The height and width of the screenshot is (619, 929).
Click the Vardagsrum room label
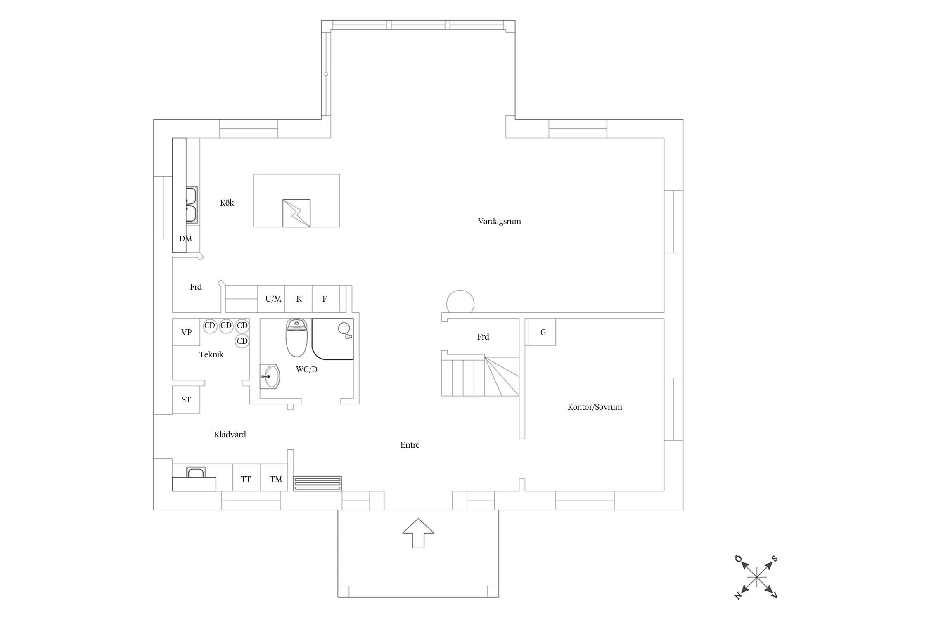499,222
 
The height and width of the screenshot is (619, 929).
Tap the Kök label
227,203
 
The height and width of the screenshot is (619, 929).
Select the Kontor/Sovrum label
595,407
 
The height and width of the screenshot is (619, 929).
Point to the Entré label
410,445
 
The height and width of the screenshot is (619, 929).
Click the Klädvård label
230,435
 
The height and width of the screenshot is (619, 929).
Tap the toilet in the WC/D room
296,338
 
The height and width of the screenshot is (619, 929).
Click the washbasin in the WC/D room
270,376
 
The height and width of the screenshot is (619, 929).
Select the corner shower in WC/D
333,339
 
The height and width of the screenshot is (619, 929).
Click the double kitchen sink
192,205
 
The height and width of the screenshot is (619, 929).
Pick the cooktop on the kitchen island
296,213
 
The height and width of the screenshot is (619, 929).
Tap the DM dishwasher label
186,239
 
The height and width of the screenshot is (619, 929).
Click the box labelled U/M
271,299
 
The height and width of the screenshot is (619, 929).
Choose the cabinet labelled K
299,299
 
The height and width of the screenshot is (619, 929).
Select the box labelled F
326,299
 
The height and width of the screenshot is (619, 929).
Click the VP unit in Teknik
186,332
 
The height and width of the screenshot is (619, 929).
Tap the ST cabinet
186,399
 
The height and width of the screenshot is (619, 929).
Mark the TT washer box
246,477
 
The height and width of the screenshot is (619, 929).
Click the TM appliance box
274,477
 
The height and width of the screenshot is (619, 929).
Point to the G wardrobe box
542,332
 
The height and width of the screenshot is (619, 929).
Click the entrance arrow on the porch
418,533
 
